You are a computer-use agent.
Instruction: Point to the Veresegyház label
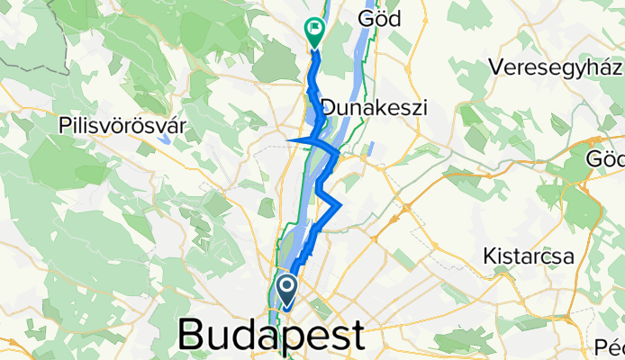click(x=556, y=67)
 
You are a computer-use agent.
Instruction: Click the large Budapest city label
click(x=271, y=335)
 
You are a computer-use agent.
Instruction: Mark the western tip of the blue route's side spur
click(x=287, y=141)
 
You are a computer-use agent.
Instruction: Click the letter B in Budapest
click(x=193, y=335)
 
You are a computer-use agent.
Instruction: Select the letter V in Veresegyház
click(x=495, y=67)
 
